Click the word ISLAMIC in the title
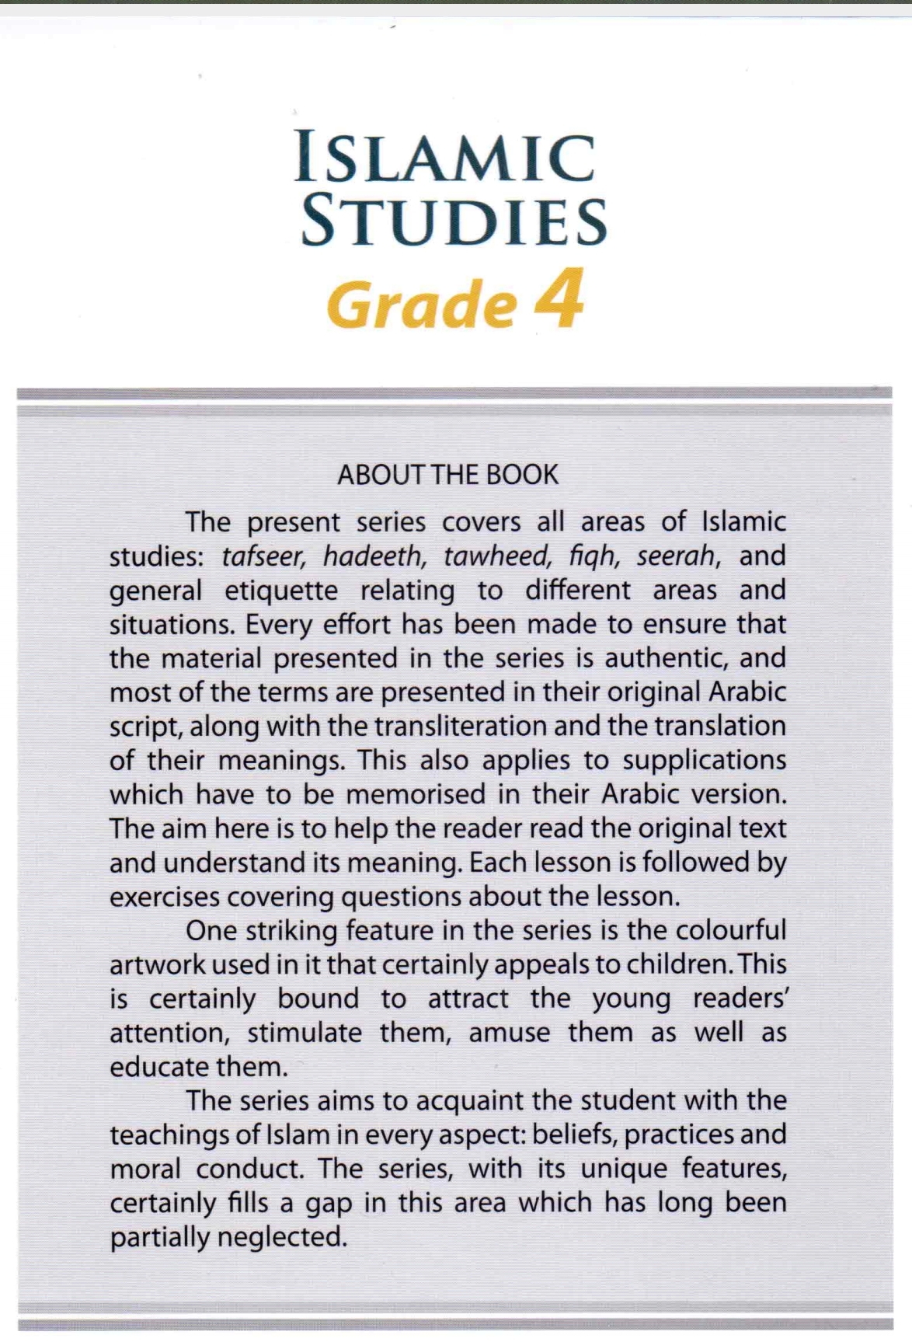point(445,159)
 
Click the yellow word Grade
point(422,305)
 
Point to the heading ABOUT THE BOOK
point(447,475)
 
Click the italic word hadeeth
point(374,556)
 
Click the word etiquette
point(281,591)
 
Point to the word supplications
point(705,761)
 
